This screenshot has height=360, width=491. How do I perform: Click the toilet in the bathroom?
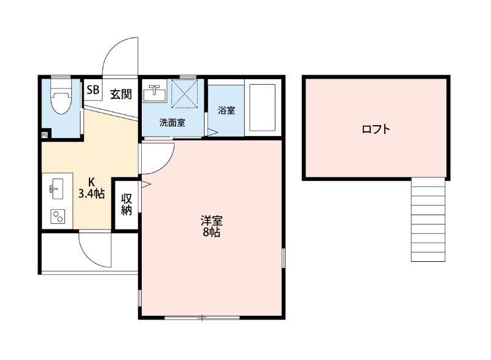click(x=60, y=99)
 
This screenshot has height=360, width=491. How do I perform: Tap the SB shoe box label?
click(x=93, y=90)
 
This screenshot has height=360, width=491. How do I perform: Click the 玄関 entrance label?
click(x=121, y=94)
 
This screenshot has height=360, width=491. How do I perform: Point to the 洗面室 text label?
click(x=172, y=122)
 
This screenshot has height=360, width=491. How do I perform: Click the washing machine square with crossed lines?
click(x=186, y=95)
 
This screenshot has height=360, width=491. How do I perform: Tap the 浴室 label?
click(x=226, y=110)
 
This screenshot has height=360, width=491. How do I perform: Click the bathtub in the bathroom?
click(x=263, y=105)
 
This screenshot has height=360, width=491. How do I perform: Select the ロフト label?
click(x=376, y=129)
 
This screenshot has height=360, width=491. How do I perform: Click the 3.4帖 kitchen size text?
click(x=91, y=194)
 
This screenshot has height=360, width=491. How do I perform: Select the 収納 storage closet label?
click(x=127, y=204)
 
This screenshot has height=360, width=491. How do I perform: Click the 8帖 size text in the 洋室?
click(x=211, y=233)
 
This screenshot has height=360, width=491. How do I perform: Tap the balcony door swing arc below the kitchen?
click(x=94, y=248)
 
